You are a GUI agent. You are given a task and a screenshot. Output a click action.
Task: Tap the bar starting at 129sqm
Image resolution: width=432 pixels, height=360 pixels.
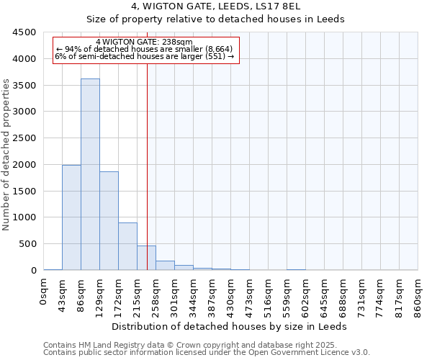point(109,220)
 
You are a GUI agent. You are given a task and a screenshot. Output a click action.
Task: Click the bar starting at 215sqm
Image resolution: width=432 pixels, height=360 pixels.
point(146,258)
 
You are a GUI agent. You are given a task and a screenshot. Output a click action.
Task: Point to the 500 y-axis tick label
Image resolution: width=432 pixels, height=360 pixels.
point(27,244)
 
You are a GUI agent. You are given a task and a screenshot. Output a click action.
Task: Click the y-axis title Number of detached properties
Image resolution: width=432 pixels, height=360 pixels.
point(6,152)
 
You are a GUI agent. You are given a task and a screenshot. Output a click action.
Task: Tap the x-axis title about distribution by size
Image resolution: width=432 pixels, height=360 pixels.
point(230,326)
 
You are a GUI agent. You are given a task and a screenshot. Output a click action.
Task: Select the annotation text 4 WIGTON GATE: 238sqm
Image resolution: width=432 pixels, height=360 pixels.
point(144,42)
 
